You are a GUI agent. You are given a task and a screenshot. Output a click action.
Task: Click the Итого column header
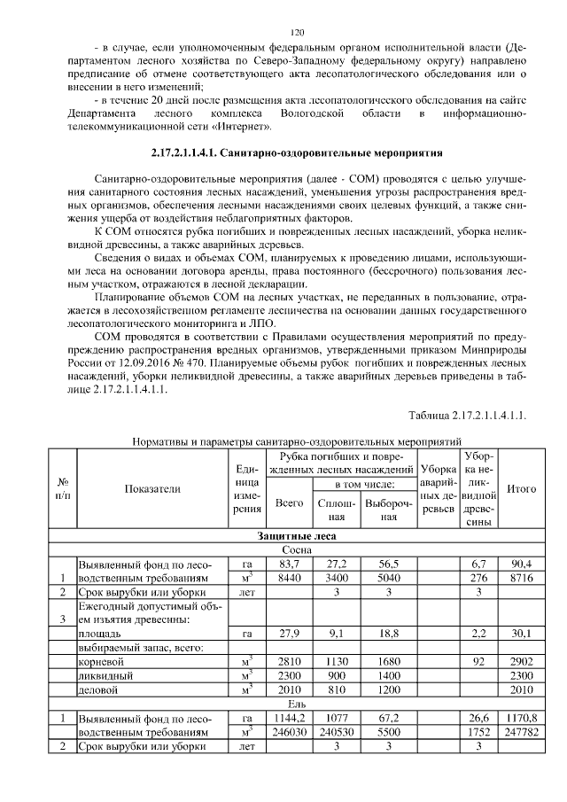pyautogui.click(x=520, y=488)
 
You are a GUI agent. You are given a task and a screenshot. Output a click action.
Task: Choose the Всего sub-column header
pyautogui.click(x=289, y=502)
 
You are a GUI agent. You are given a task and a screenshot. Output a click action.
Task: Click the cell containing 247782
pyautogui.click(x=520, y=733)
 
